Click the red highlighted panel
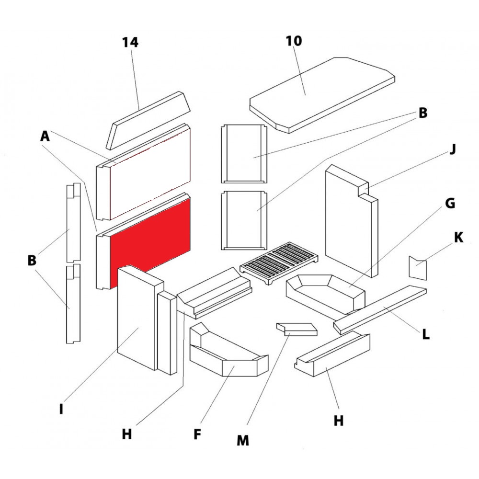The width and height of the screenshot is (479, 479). coord(151,239)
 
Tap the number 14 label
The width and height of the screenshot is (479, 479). coord(130,43)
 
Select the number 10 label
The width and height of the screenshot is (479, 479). coord(294,41)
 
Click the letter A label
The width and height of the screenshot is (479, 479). coord(45,137)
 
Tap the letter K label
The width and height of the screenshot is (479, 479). coord(458,238)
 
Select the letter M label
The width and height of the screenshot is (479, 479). coord(243,440)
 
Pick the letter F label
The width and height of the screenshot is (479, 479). coord(197,434)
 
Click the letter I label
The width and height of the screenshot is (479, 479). coord(61,410)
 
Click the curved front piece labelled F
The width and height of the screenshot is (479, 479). coord(225,357)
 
